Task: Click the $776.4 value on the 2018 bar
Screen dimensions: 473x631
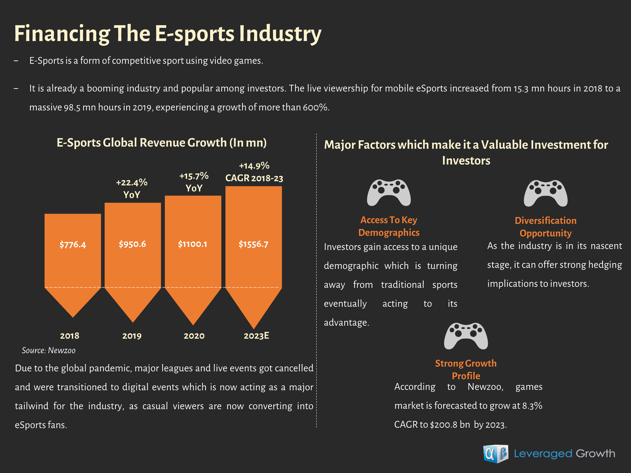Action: [x=73, y=245]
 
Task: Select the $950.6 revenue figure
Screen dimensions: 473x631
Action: [x=133, y=244]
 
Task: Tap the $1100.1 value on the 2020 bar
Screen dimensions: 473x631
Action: [x=192, y=244]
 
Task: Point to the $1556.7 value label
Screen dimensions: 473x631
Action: [x=253, y=244]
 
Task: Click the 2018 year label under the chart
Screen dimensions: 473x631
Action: [x=70, y=336]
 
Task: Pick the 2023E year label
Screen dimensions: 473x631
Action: [x=256, y=336]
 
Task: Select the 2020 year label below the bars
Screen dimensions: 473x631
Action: [x=194, y=336]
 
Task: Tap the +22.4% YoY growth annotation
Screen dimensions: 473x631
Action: [x=132, y=188]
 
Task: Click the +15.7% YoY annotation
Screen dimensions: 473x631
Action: [x=194, y=182]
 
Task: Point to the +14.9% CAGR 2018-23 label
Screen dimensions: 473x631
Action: [x=254, y=172]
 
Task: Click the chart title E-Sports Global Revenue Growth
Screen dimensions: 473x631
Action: [x=162, y=143]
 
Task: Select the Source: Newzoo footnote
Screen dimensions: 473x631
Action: [x=49, y=350]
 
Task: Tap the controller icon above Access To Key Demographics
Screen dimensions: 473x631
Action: [x=389, y=192]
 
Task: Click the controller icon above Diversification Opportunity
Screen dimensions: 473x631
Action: [x=545, y=193]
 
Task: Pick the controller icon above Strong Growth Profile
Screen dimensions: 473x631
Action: [x=466, y=336]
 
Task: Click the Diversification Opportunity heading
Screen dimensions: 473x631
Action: [x=545, y=227]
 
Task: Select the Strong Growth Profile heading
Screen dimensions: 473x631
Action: [x=466, y=369]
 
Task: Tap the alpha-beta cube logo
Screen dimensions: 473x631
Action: [x=496, y=454]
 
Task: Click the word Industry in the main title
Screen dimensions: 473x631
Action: [x=280, y=34]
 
